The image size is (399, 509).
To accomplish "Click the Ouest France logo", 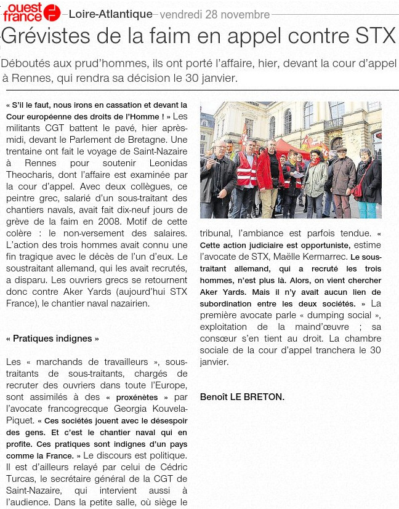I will [x=31, y=12].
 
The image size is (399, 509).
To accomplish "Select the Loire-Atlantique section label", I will [x=111, y=14].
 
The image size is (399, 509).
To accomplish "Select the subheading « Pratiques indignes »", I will [x=52, y=339].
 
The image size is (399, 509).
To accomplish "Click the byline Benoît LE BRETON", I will [x=242, y=397].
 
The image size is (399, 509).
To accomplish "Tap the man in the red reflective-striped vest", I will [x=247, y=169].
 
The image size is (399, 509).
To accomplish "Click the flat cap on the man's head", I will [x=341, y=149].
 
